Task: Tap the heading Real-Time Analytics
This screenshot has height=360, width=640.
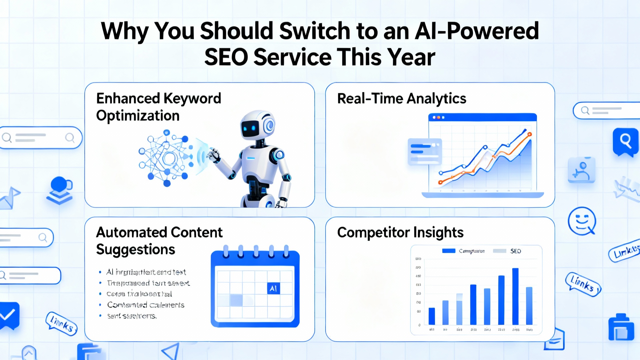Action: pyautogui.click(x=402, y=99)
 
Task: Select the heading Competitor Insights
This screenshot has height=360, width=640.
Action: pyautogui.click(x=400, y=232)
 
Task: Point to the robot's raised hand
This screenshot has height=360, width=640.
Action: pyautogui.click(x=213, y=155)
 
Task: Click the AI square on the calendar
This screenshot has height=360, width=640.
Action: pyautogui.click(x=273, y=288)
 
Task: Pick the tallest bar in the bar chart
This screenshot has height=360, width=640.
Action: pyautogui.click(x=515, y=296)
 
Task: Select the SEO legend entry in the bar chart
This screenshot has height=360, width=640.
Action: pyautogui.click(x=515, y=251)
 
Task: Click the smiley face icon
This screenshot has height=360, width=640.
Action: pyautogui.click(x=582, y=221)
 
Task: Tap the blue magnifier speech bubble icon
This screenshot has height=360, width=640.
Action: pyautogui.click(x=625, y=142)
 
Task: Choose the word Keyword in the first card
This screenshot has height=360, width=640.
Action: pyautogui.click(x=192, y=99)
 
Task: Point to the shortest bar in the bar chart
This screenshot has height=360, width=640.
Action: pyautogui.click(x=432, y=316)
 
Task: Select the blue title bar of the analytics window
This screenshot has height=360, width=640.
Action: pyautogui.click(x=482, y=117)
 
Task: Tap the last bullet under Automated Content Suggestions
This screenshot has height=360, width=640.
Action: pyautogui.click(x=132, y=316)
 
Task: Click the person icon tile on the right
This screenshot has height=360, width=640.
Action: pyautogui.click(x=581, y=170)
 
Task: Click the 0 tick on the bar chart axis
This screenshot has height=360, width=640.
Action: pyautogui.click(x=419, y=325)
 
